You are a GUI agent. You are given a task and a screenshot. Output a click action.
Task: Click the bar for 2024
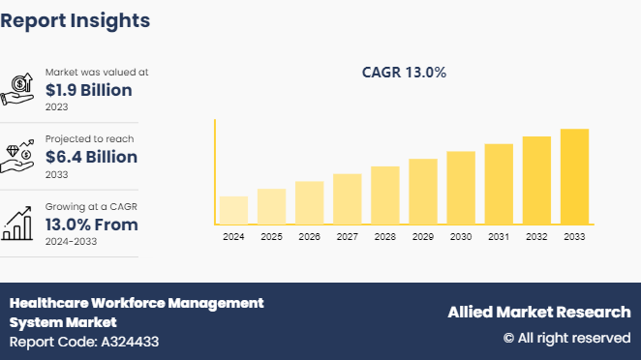pyautogui.click(x=233, y=210)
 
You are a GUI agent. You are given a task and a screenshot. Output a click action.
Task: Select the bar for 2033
pyautogui.click(x=574, y=176)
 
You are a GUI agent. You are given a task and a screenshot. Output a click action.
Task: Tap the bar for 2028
pyautogui.click(x=385, y=195)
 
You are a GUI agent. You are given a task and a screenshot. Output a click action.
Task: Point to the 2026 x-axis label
pyautogui.click(x=309, y=236)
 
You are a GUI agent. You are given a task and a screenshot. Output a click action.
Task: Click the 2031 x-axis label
pyautogui.click(x=499, y=236)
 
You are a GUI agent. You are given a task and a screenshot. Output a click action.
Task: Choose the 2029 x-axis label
pyautogui.click(x=423, y=236)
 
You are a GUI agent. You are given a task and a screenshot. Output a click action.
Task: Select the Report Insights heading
pyautogui.click(x=75, y=19)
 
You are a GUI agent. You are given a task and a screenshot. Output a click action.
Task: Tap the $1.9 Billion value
pyautogui.click(x=89, y=90)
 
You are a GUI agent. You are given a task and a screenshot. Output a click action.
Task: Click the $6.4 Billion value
pyautogui.click(x=91, y=157)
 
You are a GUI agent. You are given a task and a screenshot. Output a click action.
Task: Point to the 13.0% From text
pyautogui.click(x=91, y=225)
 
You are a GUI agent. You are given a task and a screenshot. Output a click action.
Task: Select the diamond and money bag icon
pyautogui.click(x=19, y=155)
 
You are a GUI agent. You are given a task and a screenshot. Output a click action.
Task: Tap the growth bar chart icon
pyautogui.click(x=19, y=223)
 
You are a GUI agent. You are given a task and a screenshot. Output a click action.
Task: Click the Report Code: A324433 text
pyautogui.click(x=84, y=342)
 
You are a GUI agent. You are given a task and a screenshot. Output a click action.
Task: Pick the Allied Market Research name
pyautogui.click(x=538, y=312)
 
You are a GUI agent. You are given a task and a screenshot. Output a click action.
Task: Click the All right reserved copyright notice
pyautogui.click(x=566, y=338)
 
